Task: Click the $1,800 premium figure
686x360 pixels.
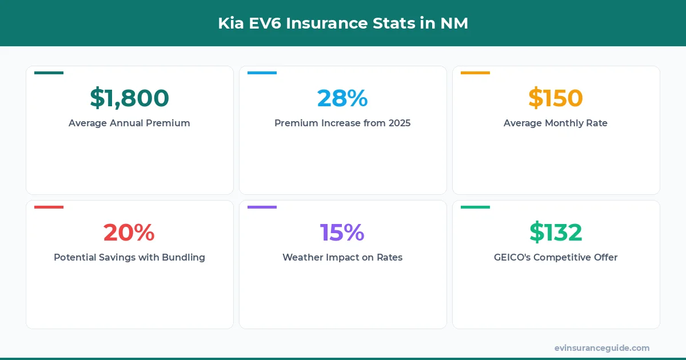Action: click(129, 98)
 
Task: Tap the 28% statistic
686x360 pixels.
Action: click(342, 98)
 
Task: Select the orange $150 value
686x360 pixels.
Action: click(555, 98)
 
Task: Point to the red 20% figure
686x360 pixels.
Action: click(129, 233)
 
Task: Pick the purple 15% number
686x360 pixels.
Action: click(342, 233)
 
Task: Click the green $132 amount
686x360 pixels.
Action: click(555, 233)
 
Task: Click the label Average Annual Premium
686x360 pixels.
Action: click(129, 123)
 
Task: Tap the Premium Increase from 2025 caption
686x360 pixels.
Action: click(342, 123)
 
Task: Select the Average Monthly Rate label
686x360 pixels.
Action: click(555, 123)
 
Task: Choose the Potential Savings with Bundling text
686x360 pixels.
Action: click(129, 257)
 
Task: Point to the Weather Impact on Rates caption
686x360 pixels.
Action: click(342, 257)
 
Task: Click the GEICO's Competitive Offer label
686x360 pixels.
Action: click(555, 257)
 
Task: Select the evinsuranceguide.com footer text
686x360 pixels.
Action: click(601, 348)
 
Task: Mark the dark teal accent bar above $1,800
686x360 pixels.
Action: click(49, 73)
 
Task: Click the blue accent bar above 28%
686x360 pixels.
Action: click(262, 73)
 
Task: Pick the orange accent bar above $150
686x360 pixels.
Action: click(475, 73)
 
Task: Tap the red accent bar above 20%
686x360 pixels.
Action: click(49, 207)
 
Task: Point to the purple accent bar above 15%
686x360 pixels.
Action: click(262, 207)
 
